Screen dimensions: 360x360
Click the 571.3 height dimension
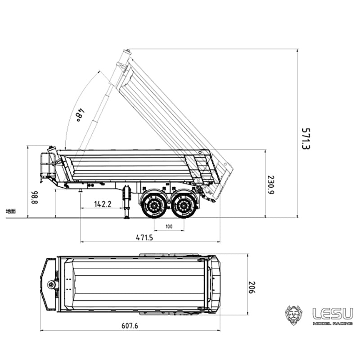[x=306, y=138]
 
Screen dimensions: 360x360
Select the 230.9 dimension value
[x=270, y=184]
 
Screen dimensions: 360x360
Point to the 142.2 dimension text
[x=103, y=204]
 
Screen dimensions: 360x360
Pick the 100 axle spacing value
[x=169, y=226]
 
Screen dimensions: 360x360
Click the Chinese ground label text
[x=11, y=211]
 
